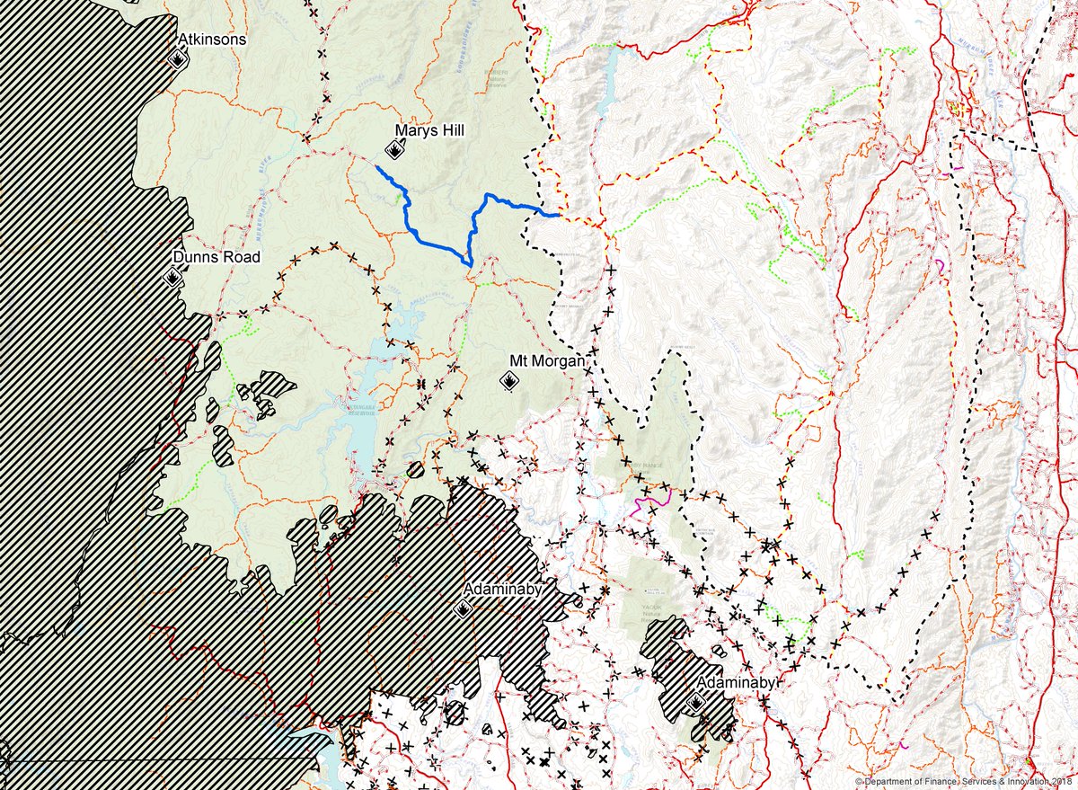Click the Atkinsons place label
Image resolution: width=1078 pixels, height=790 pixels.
pyautogui.click(x=212, y=40)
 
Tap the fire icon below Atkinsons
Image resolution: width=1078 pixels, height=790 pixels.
pyautogui.click(x=178, y=60)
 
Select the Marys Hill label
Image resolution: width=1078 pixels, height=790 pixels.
pyautogui.click(x=429, y=131)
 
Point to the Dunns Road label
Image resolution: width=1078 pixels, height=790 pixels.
pyautogui.click(x=216, y=258)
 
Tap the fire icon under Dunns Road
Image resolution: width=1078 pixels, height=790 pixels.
pyautogui.click(x=172, y=277)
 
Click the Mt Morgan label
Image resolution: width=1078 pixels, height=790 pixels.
pyautogui.click(x=548, y=360)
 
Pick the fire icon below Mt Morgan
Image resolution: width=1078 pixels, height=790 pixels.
pyautogui.click(x=508, y=381)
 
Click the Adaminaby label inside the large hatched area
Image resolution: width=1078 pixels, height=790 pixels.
pyautogui.click(x=502, y=590)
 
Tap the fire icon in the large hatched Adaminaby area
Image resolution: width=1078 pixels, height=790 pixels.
pyautogui.click(x=463, y=609)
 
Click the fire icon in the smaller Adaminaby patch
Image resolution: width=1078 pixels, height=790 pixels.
pyautogui.click(x=695, y=703)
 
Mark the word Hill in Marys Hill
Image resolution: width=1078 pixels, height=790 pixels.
pyautogui.click(x=452, y=131)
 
